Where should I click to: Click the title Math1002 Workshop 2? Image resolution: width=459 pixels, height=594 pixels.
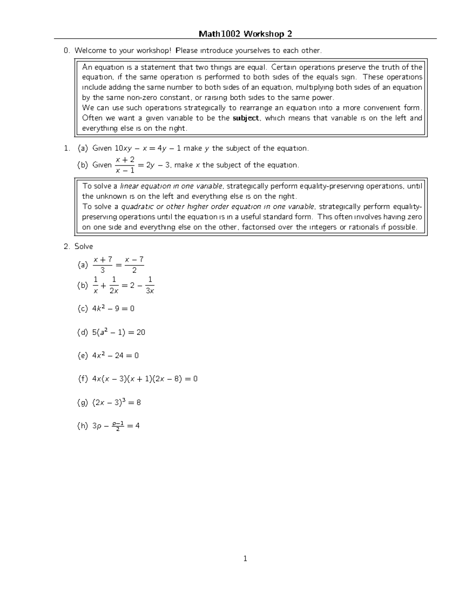tap(245, 34)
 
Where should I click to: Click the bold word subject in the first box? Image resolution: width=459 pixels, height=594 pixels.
tap(246, 118)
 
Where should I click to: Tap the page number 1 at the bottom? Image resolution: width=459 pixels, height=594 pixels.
tap(245, 559)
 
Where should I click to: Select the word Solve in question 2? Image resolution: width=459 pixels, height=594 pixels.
tap(84, 246)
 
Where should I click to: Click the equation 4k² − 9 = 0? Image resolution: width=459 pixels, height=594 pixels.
tap(113, 308)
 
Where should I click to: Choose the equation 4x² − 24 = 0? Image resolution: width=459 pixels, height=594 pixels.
tap(115, 355)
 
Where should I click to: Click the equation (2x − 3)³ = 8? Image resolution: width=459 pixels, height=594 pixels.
tap(116, 402)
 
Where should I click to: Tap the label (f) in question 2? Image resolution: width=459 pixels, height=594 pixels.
tap(83, 379)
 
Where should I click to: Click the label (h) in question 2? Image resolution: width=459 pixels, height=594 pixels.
tap(83, 426)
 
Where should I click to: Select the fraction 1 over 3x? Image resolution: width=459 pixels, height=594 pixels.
tap(150, 285)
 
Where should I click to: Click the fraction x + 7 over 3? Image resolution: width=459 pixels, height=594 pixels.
tap(103, 265)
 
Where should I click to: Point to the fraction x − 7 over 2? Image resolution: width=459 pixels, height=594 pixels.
tap(134, 265)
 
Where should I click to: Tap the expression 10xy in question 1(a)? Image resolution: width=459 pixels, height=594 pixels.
tap(123, 148)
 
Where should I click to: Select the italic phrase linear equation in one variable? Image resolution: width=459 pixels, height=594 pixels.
tap(171, 186)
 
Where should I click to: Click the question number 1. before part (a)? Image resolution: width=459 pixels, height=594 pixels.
tap(67, 148)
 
